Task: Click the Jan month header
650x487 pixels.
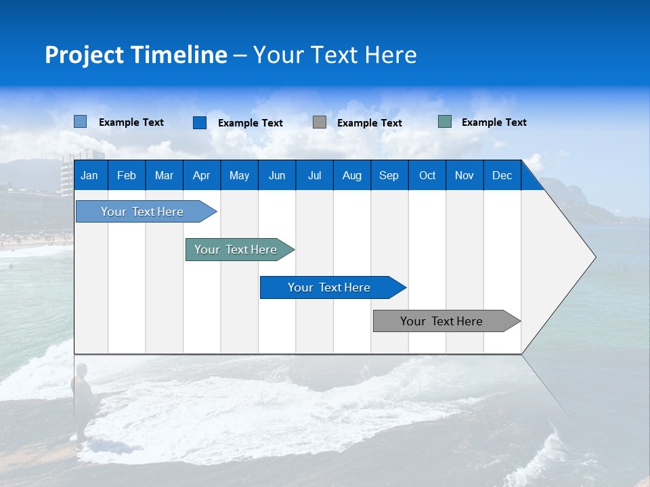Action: (89, 175)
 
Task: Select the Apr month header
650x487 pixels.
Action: (201, 175)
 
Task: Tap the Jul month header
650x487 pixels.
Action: (314, 175)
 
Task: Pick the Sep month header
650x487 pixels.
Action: (389, 175)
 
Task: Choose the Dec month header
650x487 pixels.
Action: (502, 175)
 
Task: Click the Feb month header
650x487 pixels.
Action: (127, 175)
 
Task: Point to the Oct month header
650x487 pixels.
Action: (427, 175)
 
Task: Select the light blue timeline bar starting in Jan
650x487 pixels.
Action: (142, 212)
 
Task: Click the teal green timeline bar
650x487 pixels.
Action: (236, 250)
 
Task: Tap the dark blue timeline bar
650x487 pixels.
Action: (329, 287)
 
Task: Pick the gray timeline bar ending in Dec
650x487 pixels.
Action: (441, 321)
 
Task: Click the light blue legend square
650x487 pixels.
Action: (81, 122)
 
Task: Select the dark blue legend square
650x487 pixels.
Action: (200, 122)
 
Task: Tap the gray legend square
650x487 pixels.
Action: (320, 122)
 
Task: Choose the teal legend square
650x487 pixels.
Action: (445, 122)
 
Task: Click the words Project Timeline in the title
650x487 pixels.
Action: (136, 55)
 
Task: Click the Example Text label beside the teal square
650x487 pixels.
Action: (494, 122)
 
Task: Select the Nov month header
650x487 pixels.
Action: (464, 175)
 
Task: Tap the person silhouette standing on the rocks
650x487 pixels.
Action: (83, 392)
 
